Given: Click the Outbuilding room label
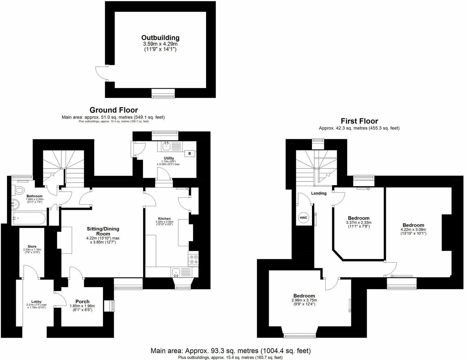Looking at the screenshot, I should (x=160, y=38).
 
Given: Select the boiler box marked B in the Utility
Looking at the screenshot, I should (x=190, y=153).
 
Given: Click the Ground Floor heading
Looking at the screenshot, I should (x=113, y=110).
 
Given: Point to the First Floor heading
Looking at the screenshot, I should (x=359, y=121).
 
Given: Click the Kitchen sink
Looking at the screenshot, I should (x=177, y=272).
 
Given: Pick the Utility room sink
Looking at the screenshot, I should (x=166, y=145).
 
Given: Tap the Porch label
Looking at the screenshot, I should (x=82, y=301).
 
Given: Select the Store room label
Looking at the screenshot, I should (x=32, y=246).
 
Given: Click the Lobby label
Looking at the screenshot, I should (x=36, y=301).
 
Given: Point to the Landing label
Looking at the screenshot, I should (x=319, y=193).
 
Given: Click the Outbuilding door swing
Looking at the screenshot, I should (x=100, y=73).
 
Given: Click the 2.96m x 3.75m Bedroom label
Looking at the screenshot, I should (x=304, y=296).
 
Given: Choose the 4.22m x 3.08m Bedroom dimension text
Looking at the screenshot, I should (x=413, y=230).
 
